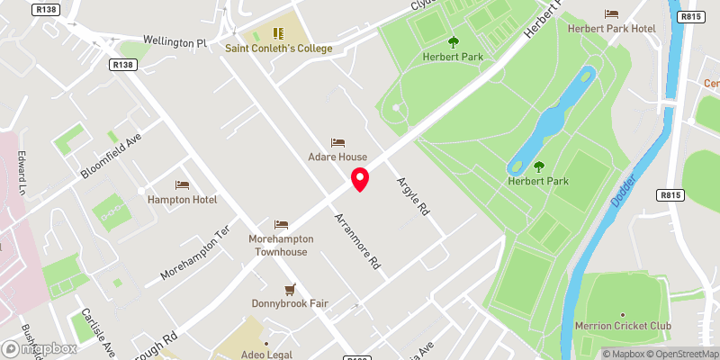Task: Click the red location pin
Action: tap(360, 179)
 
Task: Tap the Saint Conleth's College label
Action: tap(278, 49)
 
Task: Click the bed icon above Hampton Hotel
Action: tap(183, 184)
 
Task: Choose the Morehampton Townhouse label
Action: tap(279, 246)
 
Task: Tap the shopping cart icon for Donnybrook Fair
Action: tap(290, 289)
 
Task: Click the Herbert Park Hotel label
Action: tap(612, 28)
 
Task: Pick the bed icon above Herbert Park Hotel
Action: tap(612, 13)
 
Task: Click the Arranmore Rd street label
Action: tap(359, 242)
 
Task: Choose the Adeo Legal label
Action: tap(266, 356)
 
